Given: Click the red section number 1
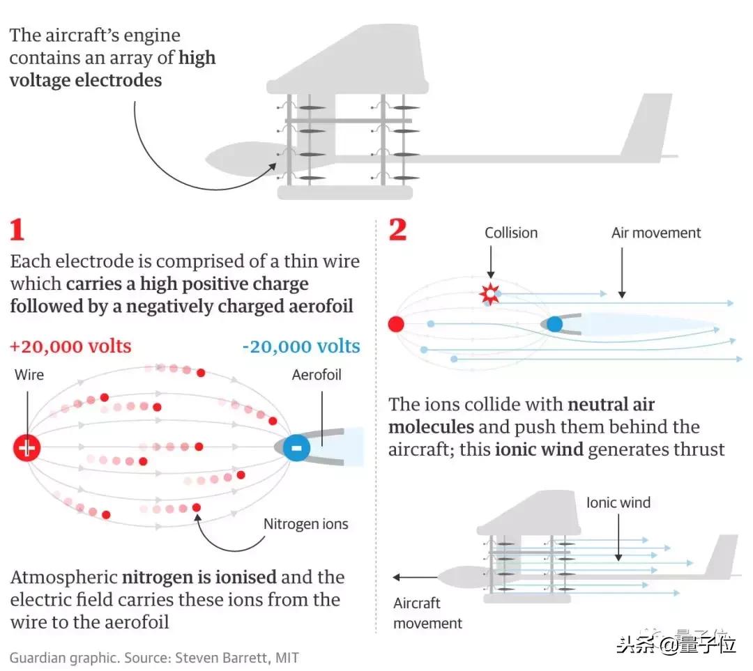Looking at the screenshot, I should click(x=17, y=230).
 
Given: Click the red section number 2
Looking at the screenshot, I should click(x=397, y=229).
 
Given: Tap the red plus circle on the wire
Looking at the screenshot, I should click(x=27, y=447).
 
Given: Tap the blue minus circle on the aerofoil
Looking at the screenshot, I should click(x=296, y=447).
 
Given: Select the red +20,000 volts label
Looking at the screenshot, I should click(x=70, y=346).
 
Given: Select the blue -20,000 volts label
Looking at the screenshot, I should click(x=302, y=346).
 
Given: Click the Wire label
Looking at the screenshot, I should click(x=29, y=375).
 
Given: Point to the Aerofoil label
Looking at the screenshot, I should click(x=317, y=375).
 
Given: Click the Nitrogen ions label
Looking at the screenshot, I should click(x=305, y=523).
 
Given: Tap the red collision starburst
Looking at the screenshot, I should click(x=490, y=295).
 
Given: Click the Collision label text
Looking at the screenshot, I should click(x=511, y=233).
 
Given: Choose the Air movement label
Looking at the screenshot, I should click(x=656, y=233).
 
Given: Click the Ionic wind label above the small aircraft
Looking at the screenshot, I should click(x=618, y=502).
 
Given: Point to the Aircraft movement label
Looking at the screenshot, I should click(x=427, y=613).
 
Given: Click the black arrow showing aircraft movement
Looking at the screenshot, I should click(x=416, y=577).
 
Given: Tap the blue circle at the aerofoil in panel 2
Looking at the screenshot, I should click(x=554, y=324).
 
